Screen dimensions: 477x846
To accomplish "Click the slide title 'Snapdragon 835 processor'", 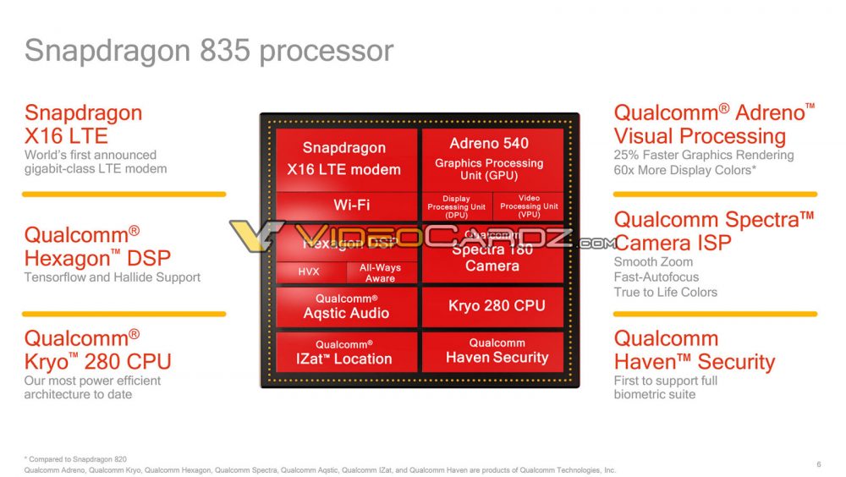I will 209,51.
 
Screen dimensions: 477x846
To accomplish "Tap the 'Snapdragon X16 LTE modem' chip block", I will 346,159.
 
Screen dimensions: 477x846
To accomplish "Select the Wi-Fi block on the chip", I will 346,205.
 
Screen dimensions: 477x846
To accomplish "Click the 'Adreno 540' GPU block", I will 492,158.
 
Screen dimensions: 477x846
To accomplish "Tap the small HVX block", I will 310,272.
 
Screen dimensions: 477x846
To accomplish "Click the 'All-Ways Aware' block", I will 381,272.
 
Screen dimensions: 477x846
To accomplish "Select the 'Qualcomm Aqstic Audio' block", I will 346,307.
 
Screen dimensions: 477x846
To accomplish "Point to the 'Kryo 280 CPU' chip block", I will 492,306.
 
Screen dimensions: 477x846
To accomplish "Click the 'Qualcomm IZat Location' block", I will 346,352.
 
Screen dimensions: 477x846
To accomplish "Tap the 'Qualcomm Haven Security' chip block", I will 492,351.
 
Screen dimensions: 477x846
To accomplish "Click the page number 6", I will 818,463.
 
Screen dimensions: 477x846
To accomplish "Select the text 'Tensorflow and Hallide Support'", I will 113,277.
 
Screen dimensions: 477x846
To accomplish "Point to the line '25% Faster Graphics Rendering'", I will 703,155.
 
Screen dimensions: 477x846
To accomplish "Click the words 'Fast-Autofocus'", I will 656,277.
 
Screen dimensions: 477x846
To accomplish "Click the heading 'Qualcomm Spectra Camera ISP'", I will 713,231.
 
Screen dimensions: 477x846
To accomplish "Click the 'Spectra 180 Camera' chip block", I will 492,258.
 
